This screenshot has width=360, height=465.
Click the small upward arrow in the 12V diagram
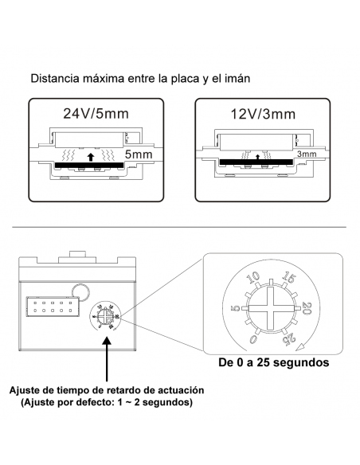(x=257, y=156)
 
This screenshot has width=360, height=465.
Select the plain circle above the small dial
(x=80, y=294)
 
